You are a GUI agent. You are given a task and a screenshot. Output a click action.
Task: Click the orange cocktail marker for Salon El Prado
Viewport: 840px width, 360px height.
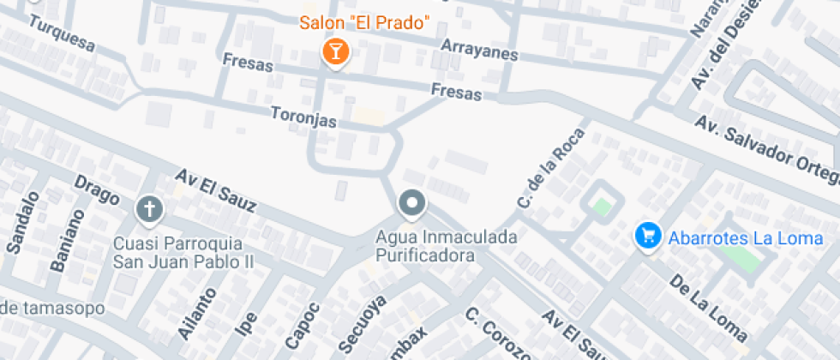335,51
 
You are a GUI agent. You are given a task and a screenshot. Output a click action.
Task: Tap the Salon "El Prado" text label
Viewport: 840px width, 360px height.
364,21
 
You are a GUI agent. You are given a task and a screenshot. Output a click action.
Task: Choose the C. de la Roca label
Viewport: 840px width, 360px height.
550,167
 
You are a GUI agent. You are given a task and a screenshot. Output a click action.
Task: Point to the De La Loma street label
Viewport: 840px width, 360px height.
708,307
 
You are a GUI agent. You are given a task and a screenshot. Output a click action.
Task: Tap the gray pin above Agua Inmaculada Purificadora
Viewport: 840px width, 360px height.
412,204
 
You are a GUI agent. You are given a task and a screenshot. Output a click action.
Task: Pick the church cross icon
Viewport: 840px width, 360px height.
150,207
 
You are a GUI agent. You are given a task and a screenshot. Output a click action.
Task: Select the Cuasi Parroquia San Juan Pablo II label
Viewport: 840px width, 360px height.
177,251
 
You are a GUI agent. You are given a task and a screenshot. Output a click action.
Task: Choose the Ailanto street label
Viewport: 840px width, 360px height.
192,311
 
